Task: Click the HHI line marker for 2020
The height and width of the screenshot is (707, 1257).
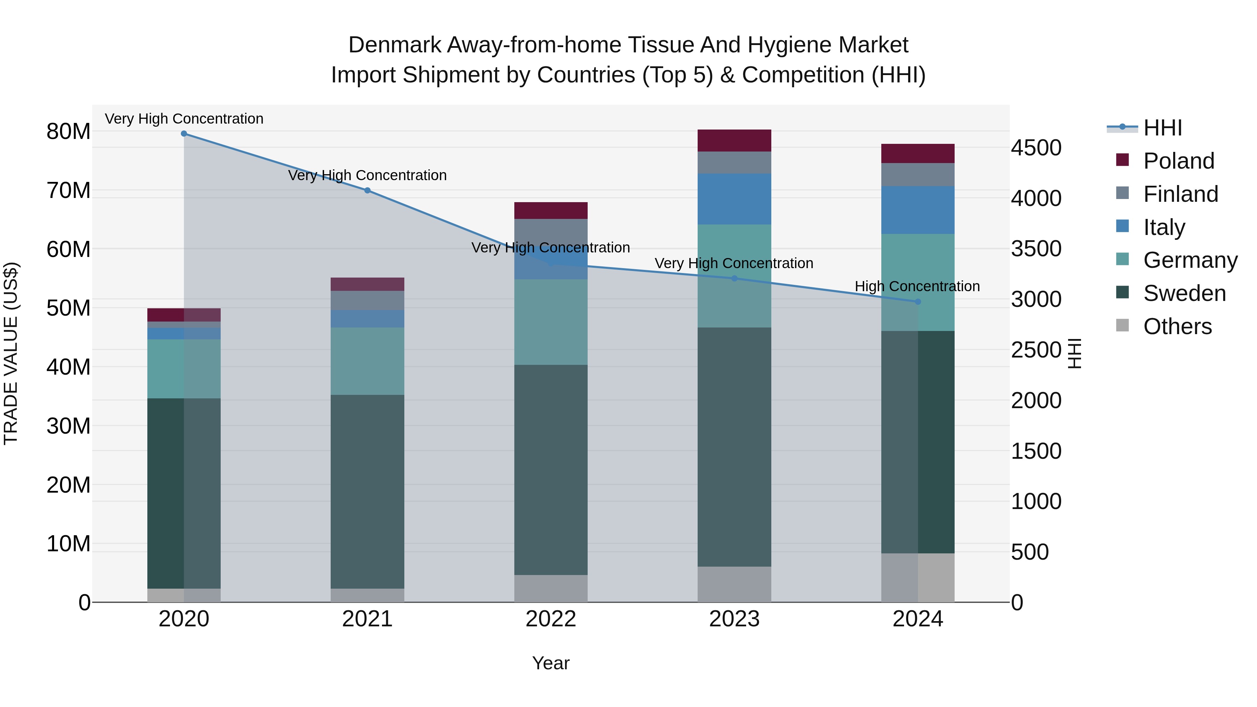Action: (x=184, y=134)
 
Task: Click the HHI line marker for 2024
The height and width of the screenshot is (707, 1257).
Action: (x=917, y=302)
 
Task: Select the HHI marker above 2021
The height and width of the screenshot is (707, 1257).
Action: (x=367, y=190)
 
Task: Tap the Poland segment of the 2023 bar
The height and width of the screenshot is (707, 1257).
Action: (x=734, y=140)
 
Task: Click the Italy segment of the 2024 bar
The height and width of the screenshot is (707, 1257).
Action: (x=917, y=210)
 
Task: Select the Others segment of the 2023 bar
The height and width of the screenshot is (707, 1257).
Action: (x=734, y=584)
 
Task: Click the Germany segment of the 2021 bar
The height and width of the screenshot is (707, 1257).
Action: (x=367, y=361)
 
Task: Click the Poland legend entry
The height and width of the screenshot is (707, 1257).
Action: (x=1178, y=161)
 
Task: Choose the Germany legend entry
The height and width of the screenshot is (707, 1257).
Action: (x=1190, y=260)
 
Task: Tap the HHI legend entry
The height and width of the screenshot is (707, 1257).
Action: (x=1162, y=128)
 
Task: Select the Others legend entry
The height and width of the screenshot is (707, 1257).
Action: (x=1177, y=326)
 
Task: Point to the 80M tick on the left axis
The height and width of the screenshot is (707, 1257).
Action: (x=68, y=132)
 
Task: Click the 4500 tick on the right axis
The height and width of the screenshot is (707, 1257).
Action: (x=1036, y=148)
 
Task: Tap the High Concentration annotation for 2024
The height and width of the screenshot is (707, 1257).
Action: (x=917, y=286)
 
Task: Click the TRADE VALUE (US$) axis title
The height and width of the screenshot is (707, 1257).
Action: (x=11, y=353)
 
